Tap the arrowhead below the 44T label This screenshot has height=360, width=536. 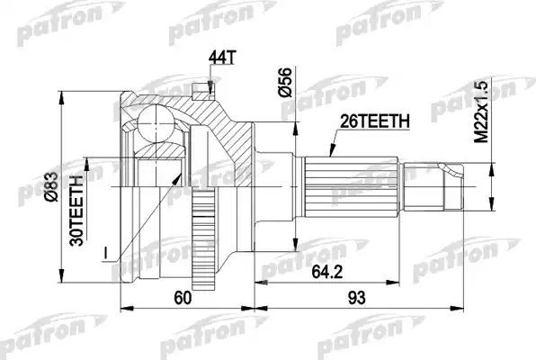(x=210, y=87)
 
